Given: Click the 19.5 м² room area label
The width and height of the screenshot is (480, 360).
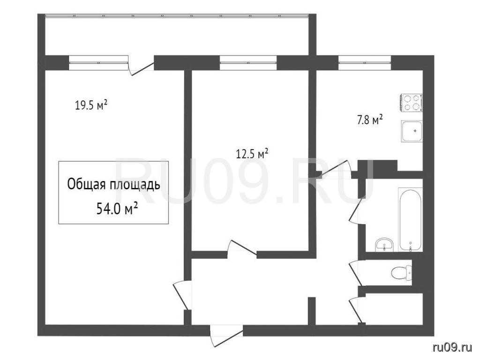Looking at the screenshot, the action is coord(91,105).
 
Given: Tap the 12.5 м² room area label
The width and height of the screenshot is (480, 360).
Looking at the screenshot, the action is coord(252,153).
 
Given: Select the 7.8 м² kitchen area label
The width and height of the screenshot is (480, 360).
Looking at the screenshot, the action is coord(370,120).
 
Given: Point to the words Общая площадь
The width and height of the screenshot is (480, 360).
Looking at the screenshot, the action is coord(113,185).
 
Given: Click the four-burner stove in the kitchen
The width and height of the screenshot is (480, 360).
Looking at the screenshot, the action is coord(411,103).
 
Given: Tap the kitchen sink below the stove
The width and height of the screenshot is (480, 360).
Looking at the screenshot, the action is coord(412,131).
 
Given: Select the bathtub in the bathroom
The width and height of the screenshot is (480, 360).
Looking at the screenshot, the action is coord(410,219).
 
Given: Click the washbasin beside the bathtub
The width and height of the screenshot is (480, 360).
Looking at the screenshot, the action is coord(384,245).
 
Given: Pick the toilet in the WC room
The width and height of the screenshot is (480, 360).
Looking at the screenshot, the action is coord(402,272).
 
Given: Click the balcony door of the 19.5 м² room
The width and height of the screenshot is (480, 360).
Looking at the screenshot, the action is coord(141,67).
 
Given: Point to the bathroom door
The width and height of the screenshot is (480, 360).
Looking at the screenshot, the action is coord(357,211).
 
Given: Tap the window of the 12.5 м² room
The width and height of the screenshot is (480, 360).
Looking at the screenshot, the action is coord(248,63).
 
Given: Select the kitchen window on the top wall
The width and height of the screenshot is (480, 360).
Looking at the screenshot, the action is coord(365,63).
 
